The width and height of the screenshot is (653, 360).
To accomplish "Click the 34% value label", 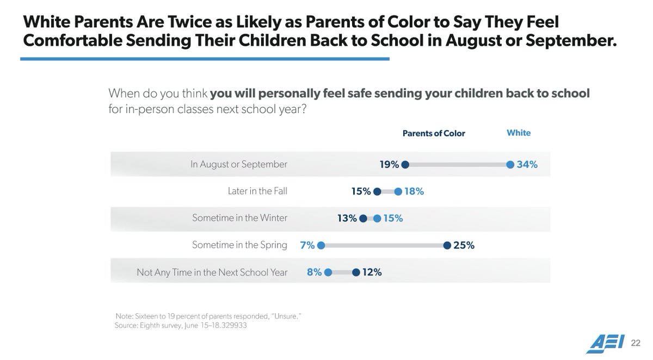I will (x=527, y=164).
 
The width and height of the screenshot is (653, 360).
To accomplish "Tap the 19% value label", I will (x=390, y=164).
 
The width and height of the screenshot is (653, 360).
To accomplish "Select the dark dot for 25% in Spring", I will (x=447, y=245).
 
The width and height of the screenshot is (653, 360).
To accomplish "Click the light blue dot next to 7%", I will (x=321, y=245).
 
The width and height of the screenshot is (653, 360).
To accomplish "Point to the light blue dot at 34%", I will (x=510, y=164).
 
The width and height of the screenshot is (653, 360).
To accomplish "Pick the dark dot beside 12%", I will (x=355, y=272).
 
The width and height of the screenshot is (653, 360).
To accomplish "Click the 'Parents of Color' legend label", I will (x=434, y=133).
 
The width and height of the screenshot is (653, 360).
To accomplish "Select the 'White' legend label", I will (x=518, y=133).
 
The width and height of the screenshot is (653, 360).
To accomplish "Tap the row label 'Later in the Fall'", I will (x=257, y=191).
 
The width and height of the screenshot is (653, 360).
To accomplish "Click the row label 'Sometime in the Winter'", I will (x=239, y=218).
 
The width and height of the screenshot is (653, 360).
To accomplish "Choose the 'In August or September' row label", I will (x=239, y=164).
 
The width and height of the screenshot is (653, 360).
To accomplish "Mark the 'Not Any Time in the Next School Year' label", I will (x=212, y=272).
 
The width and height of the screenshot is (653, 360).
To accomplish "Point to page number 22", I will (x=636, y=343).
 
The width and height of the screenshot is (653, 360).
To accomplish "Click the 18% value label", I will (x=414, y=191).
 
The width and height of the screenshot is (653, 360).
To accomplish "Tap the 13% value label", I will (x=347, y=218).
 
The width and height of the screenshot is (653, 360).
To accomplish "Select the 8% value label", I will (x=313, y=272).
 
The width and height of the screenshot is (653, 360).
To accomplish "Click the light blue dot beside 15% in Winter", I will (x=377, y=218).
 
